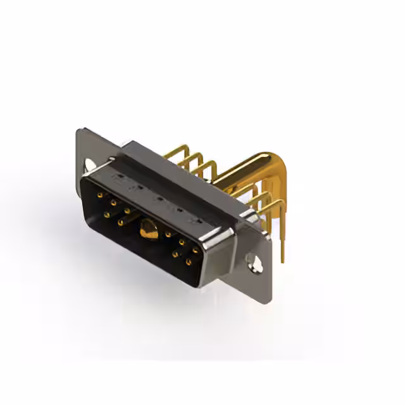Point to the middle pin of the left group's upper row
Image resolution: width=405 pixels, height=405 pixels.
click(113, 204)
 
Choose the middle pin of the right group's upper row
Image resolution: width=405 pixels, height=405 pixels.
click(182, 242)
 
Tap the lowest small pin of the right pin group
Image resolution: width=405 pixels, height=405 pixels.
click(188, 261)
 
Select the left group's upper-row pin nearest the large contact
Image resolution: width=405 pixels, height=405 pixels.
click(127, 211)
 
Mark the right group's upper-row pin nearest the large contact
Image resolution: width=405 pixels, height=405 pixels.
click(169, 235)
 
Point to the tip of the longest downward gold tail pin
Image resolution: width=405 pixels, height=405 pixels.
click(282, 259)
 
